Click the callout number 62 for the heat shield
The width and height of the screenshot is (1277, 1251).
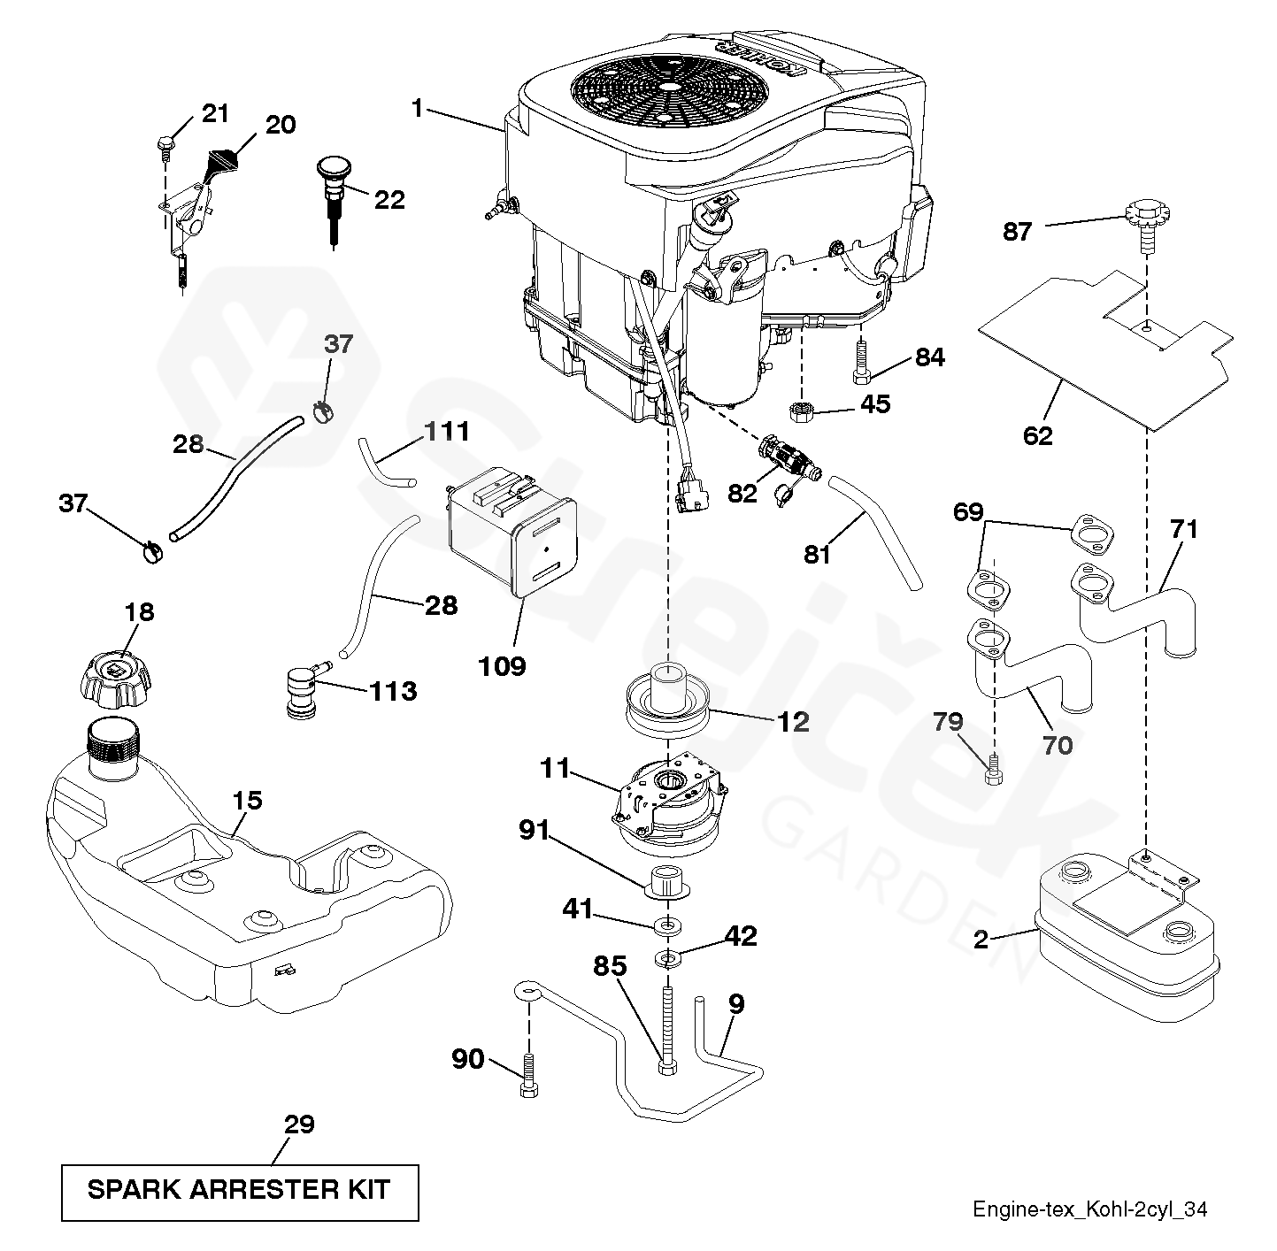(x=1039, y=435)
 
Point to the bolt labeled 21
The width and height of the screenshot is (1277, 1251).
(x=165, y=144)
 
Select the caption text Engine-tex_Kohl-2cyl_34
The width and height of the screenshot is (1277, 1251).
(x=1090, y=1209)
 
